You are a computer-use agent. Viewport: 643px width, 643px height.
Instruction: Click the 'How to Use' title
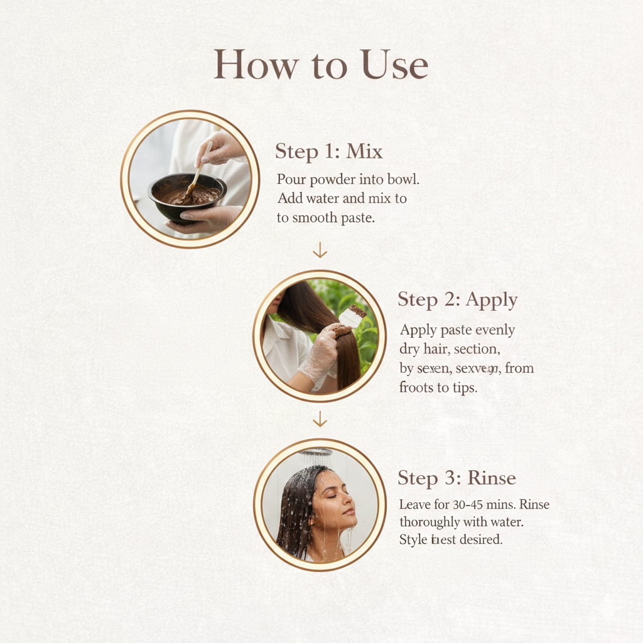[321, 65]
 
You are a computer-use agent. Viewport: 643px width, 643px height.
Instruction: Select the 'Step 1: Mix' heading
[328, 151]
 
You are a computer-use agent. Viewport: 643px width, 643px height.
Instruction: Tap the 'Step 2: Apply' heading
[457, 300]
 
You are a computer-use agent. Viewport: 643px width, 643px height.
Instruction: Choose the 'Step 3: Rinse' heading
[457, 478]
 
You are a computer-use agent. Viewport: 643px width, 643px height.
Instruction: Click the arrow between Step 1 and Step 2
[320, 251]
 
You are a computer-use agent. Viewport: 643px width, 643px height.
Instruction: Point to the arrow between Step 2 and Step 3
[320, 419]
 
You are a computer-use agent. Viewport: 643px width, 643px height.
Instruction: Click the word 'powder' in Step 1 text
[333, 180]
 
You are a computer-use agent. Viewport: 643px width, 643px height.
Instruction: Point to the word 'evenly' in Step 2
[494, 330]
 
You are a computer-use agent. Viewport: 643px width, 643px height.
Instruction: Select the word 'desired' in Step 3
[481, 539]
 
